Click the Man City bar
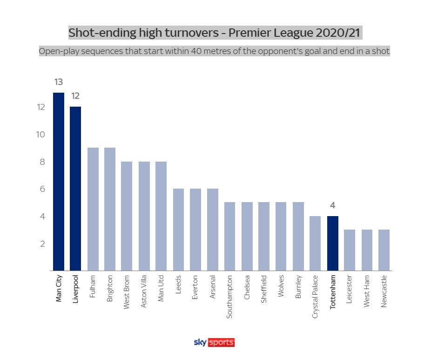[59, 182]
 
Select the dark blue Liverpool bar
[75, 189]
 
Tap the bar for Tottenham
[332, 243]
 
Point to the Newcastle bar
[384, 250]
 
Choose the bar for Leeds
[178, 230]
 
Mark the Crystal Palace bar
[315, 243]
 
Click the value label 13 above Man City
[59, 82]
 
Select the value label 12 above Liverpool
[75, 96]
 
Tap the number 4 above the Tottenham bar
[333, 205]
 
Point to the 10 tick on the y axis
[41, 135]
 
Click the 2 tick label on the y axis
[42, 244]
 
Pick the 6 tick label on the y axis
[42, 189]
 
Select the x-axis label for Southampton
[229, 297]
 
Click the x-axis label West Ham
[367, 292]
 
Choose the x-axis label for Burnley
[298, 287]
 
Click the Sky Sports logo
[214, 343]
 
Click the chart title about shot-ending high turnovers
[215, 33]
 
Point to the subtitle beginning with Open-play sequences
[215, 51]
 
